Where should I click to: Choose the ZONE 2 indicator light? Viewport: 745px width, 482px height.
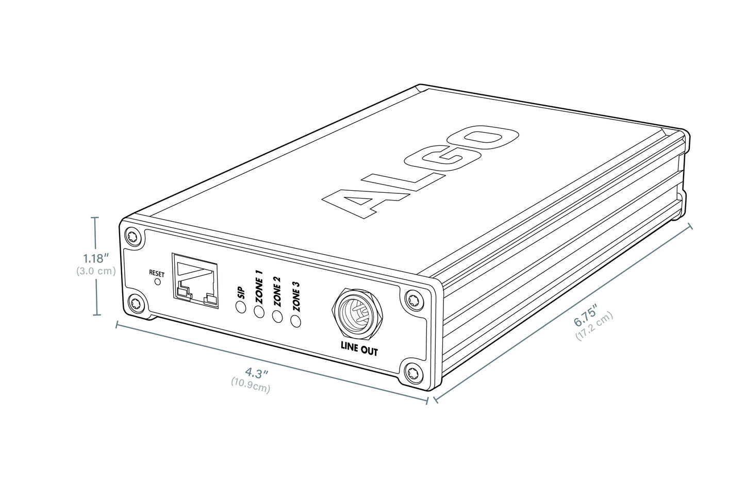(277, 316)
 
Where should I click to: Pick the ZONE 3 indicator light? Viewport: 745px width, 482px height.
(296, 321)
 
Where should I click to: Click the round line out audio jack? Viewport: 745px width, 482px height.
(357, 314)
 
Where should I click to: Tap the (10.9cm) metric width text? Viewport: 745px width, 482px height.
(251, 385)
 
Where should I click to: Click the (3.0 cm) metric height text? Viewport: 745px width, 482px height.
(96, 271)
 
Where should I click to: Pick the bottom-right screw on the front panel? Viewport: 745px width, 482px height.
(412, 370)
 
